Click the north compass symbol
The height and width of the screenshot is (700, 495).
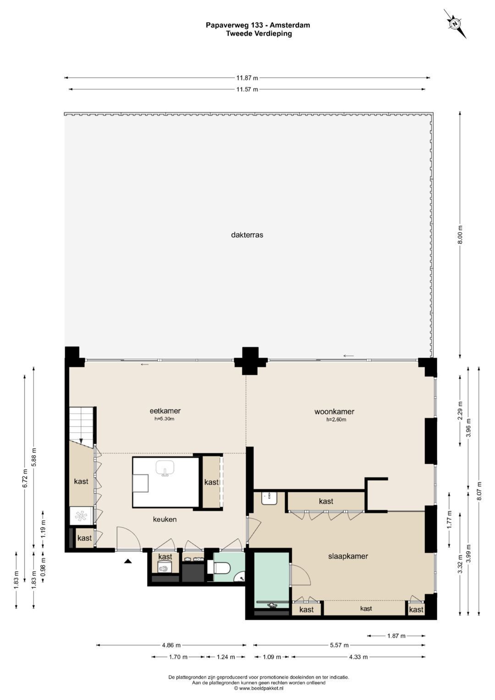pyautogui.click(x=455, y=24)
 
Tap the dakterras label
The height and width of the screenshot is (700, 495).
pyautogui.click(x=247, y=235)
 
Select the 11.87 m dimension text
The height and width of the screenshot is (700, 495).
pyautogui.click(x=247, y=78)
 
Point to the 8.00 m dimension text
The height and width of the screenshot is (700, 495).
pyautogui.click(x=460, y=235)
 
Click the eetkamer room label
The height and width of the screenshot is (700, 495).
pyautogui.click(x=165, y=411)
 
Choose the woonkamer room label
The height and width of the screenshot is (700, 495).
pyautogui.click(x=335, y=412)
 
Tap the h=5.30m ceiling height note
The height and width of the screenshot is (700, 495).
pyautogui.click(x=165, y=419)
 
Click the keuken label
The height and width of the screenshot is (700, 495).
pyautogui.click(x=165, y=519)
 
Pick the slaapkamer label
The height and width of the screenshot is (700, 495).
pyautogui.click(x=348, y=556)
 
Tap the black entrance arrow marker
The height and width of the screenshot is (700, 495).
pyautogui.click(x=127, y=561)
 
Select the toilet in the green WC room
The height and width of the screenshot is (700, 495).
pyautogui.click(x=220, y=567)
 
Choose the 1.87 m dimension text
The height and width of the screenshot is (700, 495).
pyautogui.click(x=396, y=636)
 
